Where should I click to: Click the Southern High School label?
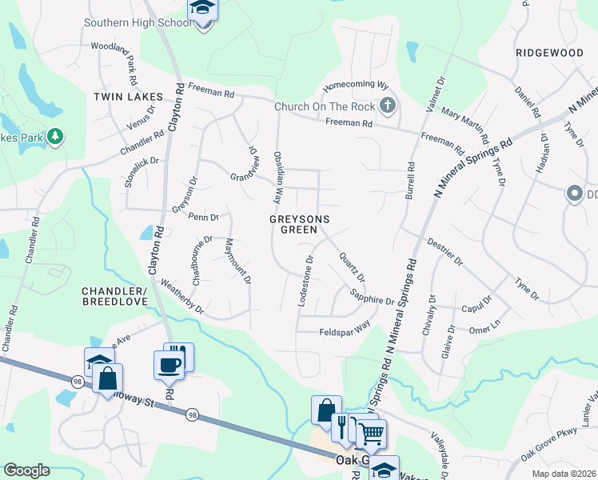point(138,22)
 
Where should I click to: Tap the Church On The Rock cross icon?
point(387,106)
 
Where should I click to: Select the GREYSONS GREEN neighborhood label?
point(300,223)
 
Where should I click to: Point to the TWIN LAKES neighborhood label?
point(128,97)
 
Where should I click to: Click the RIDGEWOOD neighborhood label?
point(549,52)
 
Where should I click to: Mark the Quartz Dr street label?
point(352,267)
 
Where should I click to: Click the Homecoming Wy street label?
point(355,86)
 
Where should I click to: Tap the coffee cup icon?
point(169,365)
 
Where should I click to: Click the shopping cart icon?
point(371,434)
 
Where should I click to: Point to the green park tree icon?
point(55,138)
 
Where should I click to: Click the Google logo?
point(26,470)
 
